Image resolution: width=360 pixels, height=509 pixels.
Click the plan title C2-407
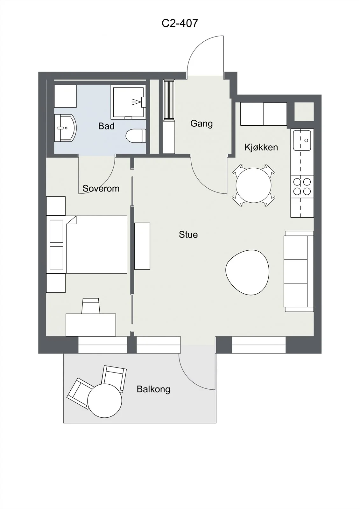coord(180,23)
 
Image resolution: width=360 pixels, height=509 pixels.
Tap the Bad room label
coord(106,126)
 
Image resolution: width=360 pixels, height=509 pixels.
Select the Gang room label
coord(201,124)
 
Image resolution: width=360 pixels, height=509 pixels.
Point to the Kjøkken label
coord(261,147)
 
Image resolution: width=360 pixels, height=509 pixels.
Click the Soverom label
coord(101,188)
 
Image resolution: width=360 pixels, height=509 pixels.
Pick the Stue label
coord(188,234)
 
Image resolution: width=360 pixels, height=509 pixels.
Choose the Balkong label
coord(153,389)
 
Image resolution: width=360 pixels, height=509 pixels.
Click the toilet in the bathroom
coord(136,136)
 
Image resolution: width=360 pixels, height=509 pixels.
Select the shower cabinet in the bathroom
coord(129,102)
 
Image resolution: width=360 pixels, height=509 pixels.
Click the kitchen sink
coord(302,140)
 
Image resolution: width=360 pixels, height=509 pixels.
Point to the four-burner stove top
coord(302,186)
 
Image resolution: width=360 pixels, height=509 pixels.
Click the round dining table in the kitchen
coord(254,185)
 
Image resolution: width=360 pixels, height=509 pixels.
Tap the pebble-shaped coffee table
coord(247,272)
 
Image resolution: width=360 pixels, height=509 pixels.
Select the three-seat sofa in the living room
coord(299,271)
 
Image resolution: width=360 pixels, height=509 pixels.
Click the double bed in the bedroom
coord(87,245)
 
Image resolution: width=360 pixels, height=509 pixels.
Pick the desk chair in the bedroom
coord(90,306)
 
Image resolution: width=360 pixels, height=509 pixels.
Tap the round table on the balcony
coord(105,401)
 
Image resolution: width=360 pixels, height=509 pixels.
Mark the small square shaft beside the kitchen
coord(304,112)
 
